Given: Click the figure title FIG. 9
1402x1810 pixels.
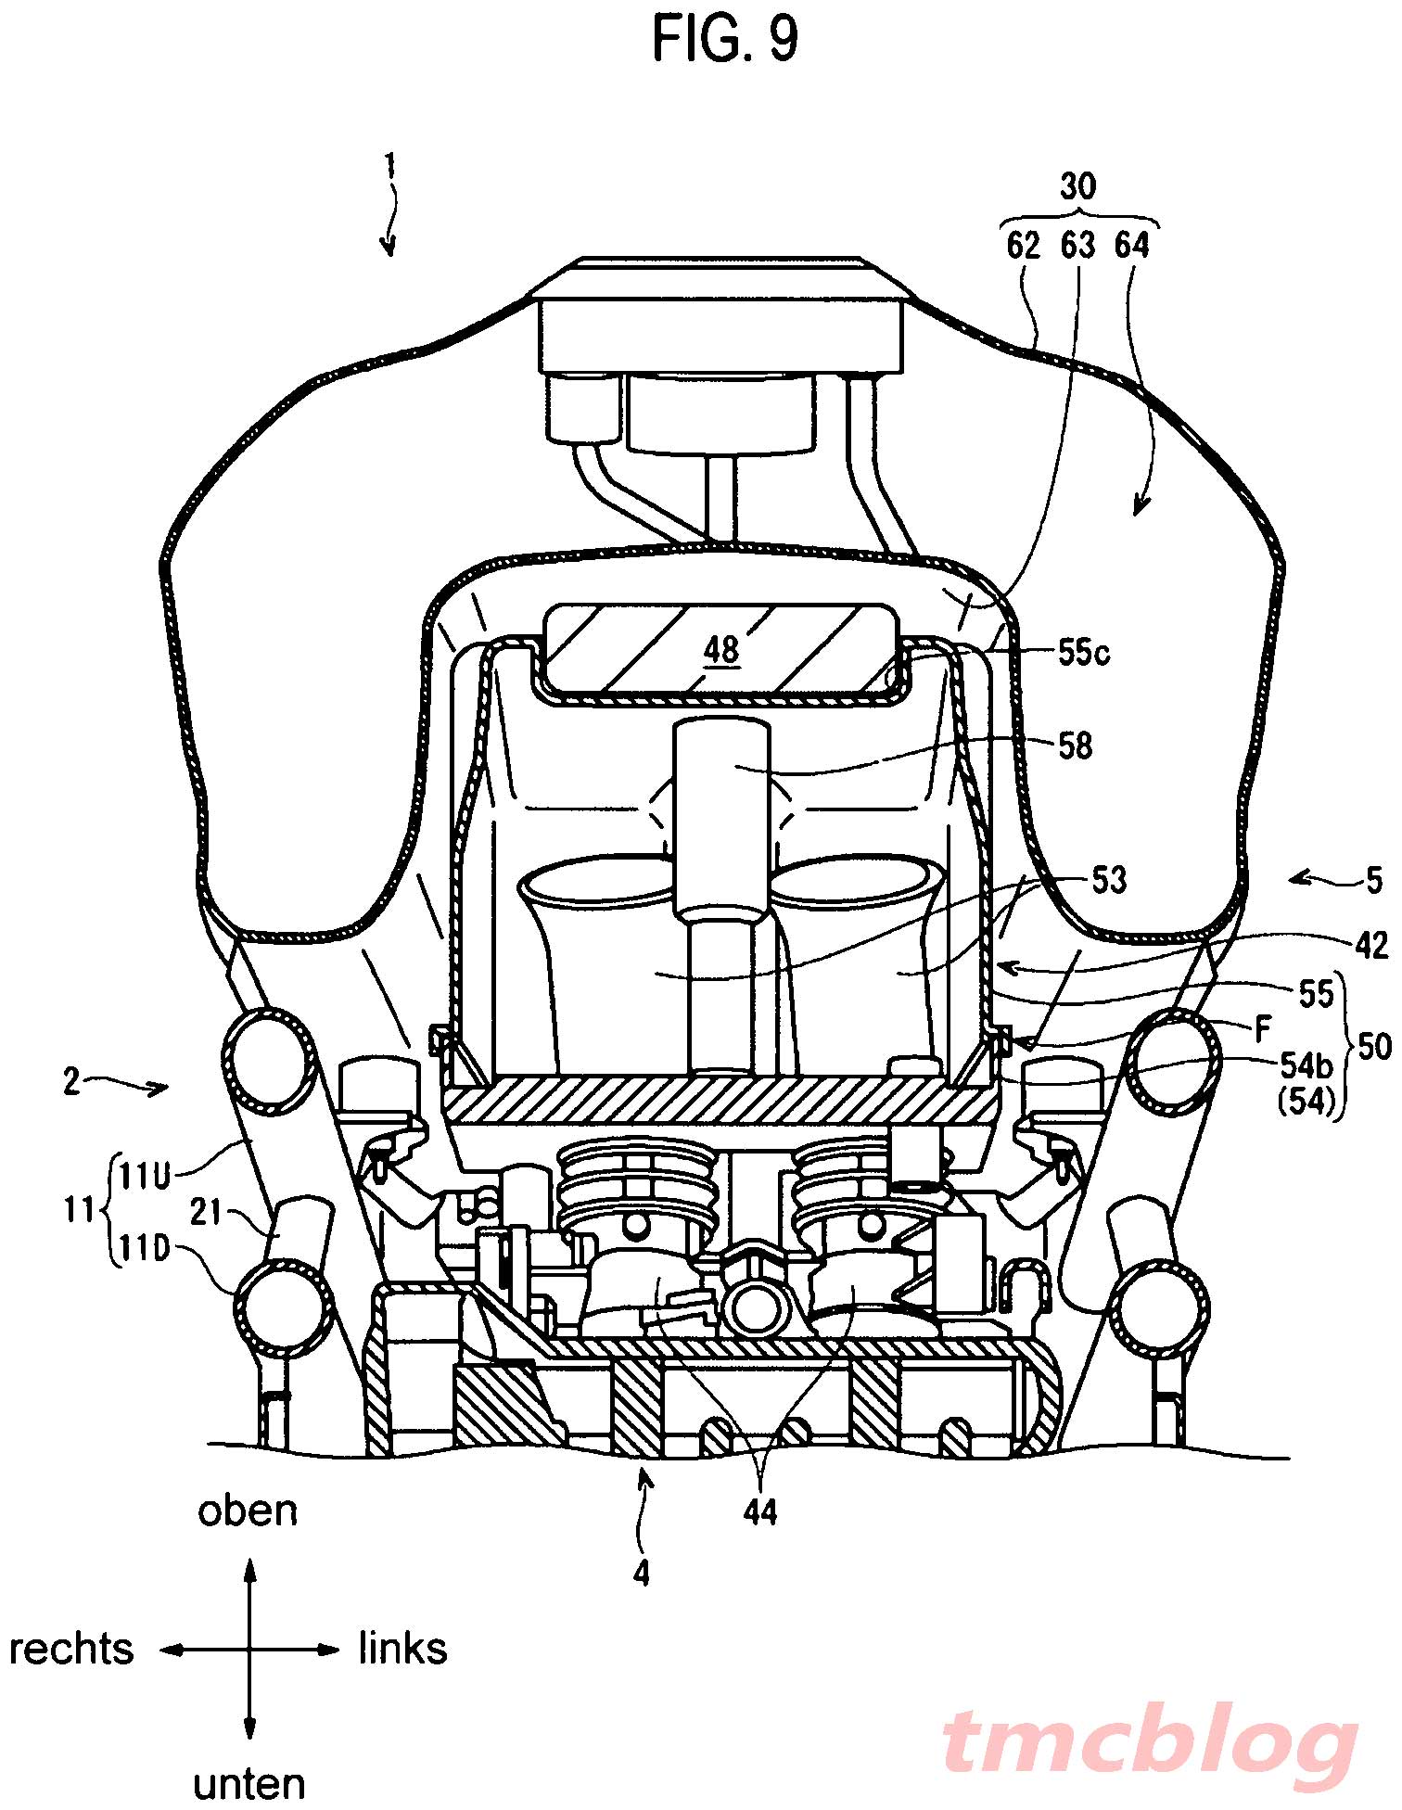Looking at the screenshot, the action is [726, 39].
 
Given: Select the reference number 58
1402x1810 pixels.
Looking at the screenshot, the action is [1075, 746].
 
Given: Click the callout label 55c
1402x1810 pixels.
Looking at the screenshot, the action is [1084, 654].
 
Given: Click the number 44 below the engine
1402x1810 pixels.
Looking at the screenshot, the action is [760, 1513].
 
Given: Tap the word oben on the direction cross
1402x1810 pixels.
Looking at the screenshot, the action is [248, 1510].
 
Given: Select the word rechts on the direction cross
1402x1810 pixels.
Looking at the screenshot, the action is [71, 1650].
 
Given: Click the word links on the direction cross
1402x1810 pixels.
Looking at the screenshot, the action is [403, 1649].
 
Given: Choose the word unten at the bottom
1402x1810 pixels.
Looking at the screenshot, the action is [249, 1784].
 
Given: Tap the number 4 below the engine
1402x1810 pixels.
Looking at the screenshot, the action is [642, 1573].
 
